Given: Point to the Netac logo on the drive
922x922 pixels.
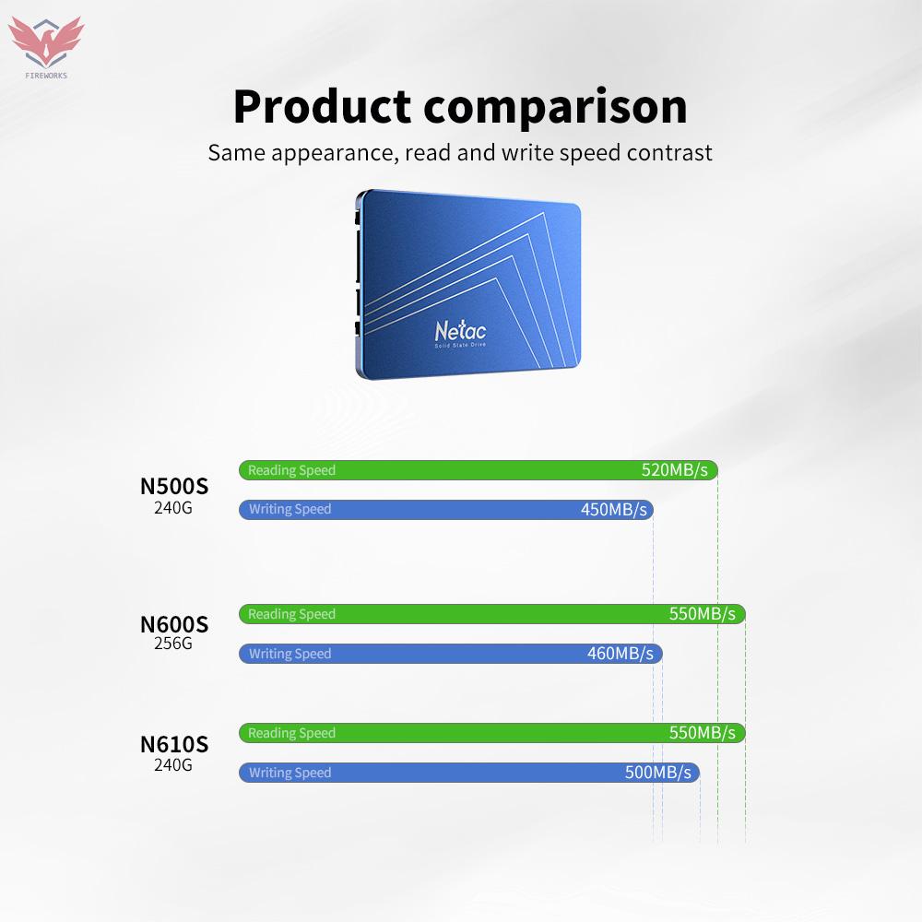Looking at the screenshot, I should click(x=460, y=330).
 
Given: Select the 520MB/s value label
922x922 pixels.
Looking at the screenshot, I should click(x=674, y=470).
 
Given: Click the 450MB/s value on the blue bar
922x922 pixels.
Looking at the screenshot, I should click(x=613, y=510).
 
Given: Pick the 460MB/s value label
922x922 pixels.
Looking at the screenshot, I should click(x=620, y=654).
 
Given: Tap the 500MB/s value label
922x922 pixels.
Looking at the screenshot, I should click(x=657, y=773).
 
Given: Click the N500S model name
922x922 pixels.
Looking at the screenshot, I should click(x=173, y=486).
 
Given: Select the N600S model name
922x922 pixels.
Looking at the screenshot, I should click(x=173, y=624).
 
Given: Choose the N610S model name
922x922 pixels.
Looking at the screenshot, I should click(x=173, y=744).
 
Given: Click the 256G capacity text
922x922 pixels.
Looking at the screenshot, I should click(x=173, y=644).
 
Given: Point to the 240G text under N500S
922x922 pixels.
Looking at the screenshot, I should click(x=173, y=507).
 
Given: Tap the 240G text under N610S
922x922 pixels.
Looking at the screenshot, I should click(x=173, y=764).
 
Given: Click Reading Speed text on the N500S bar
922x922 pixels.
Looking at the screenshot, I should click(x=291, y=470).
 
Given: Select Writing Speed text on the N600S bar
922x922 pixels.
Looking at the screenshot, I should click(x=290, y=654).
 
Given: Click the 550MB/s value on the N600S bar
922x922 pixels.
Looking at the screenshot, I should click(x=702, y=614).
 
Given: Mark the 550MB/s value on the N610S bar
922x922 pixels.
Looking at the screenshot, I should click(x=702, y=733).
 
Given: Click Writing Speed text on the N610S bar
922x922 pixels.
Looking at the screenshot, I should click(x=290, y=773).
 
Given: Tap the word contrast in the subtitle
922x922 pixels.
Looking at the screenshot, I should click(x=669, y=152).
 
